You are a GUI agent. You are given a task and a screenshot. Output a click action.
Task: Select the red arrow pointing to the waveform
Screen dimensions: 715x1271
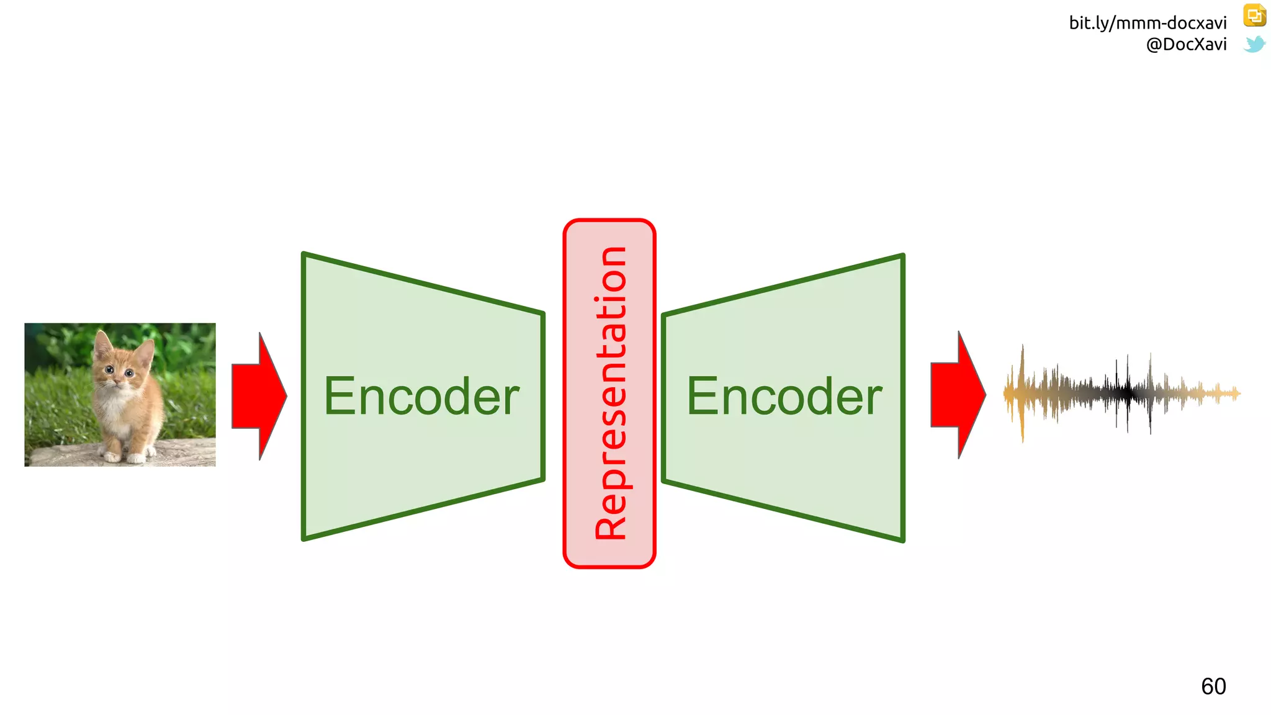coord(956,395)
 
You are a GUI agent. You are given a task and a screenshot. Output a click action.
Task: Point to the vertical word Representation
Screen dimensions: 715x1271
coord(610,393)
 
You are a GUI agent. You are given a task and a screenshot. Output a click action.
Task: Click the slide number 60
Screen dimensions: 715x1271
coord(1213,686)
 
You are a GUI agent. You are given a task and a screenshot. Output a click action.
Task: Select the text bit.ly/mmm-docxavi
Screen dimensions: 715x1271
coord(1147,23)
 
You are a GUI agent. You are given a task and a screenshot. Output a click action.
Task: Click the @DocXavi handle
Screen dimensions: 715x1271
coord(1186,44)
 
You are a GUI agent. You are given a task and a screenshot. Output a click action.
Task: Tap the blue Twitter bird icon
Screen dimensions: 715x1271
coord(1254,44)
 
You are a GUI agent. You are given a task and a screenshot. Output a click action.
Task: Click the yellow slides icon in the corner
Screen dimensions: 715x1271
coord(1254,16)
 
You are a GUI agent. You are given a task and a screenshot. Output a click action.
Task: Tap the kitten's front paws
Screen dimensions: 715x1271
coord(124,457)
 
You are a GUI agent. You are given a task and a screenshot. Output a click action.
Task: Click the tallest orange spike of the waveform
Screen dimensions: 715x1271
coord(1022,391)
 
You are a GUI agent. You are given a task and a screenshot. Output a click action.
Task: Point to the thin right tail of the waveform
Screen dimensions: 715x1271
coord(1223,393)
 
